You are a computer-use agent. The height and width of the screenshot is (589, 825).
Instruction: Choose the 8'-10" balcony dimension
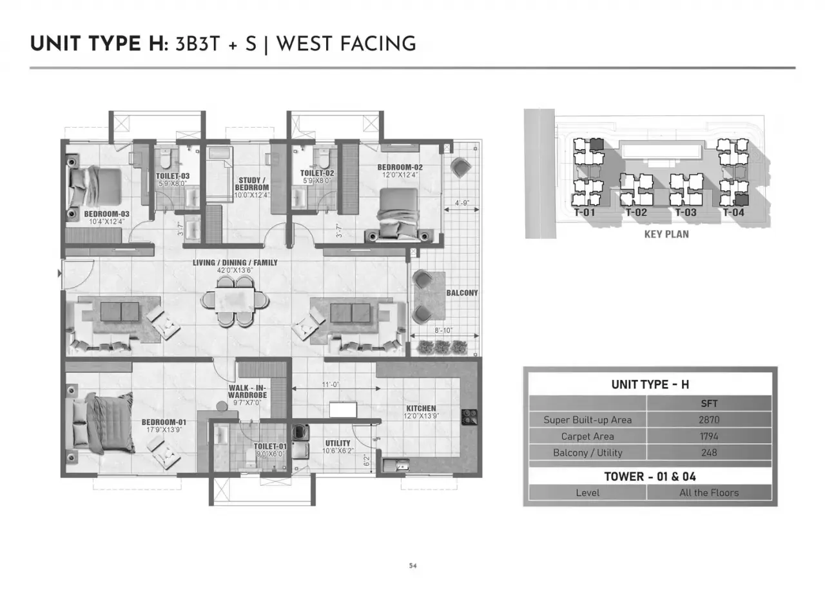(443, 330)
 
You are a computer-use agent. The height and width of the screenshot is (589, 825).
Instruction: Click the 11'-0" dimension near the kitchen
(331, 384)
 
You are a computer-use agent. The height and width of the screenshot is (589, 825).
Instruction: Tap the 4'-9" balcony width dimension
(462, 203)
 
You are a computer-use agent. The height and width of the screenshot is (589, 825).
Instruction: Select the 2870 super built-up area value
(709, 420)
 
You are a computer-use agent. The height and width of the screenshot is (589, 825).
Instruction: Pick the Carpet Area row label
(587, 436)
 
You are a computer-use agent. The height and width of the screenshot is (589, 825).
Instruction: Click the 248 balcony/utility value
(709, 453)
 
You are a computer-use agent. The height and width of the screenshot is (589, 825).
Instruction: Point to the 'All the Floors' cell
(709, 493)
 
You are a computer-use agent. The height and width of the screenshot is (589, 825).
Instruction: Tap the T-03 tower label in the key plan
(686, 212)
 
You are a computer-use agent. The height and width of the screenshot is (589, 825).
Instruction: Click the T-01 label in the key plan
(585, 212)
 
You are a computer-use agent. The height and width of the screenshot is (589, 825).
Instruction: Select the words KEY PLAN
(666, 234)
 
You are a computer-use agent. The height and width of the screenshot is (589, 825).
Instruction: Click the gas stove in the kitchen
(469, 417)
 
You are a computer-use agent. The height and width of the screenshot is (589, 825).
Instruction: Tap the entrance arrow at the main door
(59, 274)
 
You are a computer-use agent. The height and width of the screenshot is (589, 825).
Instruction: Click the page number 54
(412, 566)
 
